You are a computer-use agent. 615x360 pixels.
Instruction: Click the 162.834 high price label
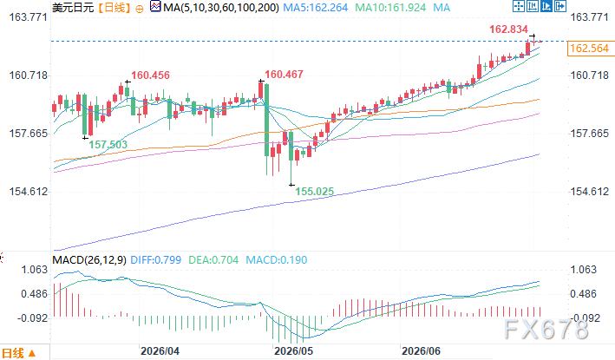(x=508, y=29)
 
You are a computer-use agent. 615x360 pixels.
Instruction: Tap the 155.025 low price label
(x=315, y=192)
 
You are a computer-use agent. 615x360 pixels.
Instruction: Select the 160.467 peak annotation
(x=284, y=75)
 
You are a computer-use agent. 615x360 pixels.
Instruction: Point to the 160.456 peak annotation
(x=150, y=75)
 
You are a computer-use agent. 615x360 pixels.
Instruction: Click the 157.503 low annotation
(x=108, y=145)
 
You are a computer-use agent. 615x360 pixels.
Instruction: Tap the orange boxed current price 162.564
(x=590, y=49)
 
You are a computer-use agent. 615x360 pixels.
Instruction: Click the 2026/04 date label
(x=160, y=350)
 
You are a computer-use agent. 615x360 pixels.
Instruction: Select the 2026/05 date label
(x=294, y=350)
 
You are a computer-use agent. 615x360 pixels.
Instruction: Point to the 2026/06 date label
(x=422, y=350)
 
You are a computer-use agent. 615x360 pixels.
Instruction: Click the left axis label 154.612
(x=29, y=192)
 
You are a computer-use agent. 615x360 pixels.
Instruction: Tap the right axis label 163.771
(x=589, y=17)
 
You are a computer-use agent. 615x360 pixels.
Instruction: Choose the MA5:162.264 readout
(x=316, y=8)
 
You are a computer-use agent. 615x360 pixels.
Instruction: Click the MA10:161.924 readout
(x=390, y=8)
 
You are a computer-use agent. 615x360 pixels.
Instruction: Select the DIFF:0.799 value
(x=156, y=260)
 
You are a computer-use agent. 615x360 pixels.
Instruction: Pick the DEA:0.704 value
(x=213, y=260)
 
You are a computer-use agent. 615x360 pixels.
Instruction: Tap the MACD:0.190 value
(x=277, y=260)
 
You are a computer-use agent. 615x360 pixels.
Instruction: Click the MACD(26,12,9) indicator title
(x=89, y=260)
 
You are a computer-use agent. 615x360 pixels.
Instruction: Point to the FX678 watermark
(x=546, y=330)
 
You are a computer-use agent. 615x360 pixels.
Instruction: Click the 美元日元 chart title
(x=73, y=8)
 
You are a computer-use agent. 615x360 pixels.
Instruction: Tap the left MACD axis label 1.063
(x=34, y=270)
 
